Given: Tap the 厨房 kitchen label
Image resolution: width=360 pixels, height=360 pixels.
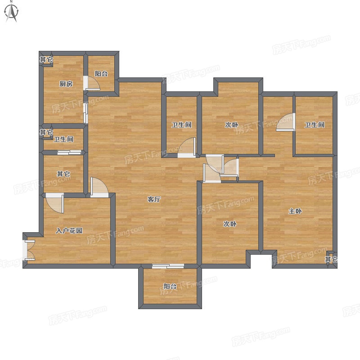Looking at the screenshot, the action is pyautogui.click(x=66, y=84).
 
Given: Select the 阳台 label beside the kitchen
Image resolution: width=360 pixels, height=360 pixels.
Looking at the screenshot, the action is pyautogui.click(x=101, y=74).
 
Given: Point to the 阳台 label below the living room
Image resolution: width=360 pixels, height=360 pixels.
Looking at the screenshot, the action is pyautogui.click(x=170, y=286).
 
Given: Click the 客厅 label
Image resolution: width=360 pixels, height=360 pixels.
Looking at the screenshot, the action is pyautogui.click(x=154, y=199).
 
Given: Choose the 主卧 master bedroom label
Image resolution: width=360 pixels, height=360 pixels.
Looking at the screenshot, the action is pyautogui.click(x=295, y=211).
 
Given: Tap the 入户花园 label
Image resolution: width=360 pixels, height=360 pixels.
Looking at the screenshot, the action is pyautogui.click(x=69, y=230).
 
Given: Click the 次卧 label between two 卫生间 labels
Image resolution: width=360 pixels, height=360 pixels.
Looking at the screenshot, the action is pyautogui.click(x=231, y=125).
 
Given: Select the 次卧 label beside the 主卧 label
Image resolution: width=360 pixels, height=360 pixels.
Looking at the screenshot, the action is pyautogui.click(x=230, y=224).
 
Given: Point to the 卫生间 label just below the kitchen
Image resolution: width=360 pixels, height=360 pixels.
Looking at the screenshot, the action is pyautogui.click(x=63, y=139).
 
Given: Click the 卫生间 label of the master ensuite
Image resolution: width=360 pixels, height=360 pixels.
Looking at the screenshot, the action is pyautogui.click(x=315, y=125).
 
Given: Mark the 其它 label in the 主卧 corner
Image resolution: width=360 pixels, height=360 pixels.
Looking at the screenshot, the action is pyautogui.click(x=331, y=260).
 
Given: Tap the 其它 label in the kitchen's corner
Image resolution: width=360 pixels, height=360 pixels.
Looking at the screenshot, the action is pyautogui.click(x=46, y=60).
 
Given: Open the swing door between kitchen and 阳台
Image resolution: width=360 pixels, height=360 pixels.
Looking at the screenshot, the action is pyautogui.click(x=92, y=83).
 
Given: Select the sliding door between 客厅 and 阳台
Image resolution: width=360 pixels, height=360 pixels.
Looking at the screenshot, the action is pyautogui.click(x=168, y=266).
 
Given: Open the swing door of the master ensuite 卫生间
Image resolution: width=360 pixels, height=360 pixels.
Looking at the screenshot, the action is pyautogui.click(x=285, y=122).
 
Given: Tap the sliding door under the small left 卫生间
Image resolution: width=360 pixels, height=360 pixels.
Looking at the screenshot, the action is pyautogui.click(x=69, y=152).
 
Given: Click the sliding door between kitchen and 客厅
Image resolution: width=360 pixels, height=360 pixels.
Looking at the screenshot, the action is pyautogui.click(x=85, y=113).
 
